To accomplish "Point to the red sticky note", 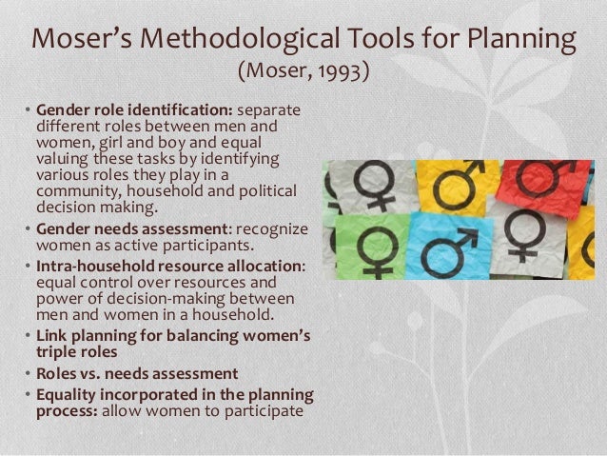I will [544, 186].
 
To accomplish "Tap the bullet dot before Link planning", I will [28, 335].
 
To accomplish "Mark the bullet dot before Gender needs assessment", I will [28, 228].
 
